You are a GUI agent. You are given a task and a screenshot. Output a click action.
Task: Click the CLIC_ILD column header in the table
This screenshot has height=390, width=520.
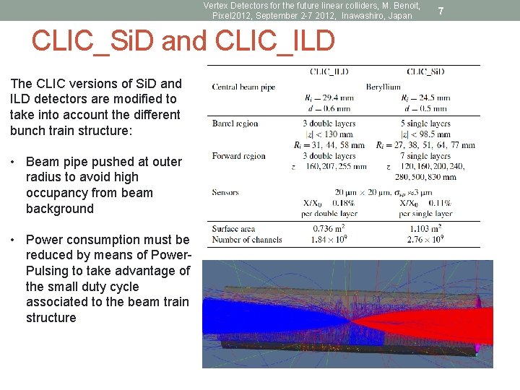click(329, 71)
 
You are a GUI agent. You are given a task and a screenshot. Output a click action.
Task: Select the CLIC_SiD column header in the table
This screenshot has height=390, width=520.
click(426, 71)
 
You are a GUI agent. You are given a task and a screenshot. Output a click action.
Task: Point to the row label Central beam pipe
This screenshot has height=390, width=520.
click(243, 87)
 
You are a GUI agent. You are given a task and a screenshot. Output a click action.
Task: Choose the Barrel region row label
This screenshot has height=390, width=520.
click(235, 123)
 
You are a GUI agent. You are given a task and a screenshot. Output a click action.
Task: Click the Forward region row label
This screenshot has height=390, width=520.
click(238, 156)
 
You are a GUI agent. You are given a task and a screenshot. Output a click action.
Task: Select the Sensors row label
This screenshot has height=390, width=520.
click(225, 192)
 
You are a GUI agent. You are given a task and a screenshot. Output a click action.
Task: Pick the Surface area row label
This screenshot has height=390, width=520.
click(235, 229)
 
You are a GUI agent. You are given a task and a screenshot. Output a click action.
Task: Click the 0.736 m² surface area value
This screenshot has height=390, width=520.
click(329, 229)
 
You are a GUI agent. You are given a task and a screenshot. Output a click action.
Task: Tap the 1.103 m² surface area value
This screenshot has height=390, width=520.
click(425, 229)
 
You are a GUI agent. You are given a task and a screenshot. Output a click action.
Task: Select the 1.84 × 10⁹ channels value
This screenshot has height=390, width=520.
click(329, 239)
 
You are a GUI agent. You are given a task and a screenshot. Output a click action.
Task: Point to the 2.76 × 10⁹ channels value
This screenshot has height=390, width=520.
click(425, 239)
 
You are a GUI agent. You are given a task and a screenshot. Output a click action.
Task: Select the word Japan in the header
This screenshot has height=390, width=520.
click(399, 15)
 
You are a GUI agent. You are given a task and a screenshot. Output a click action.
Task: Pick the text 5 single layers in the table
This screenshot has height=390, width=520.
click(425, 123)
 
